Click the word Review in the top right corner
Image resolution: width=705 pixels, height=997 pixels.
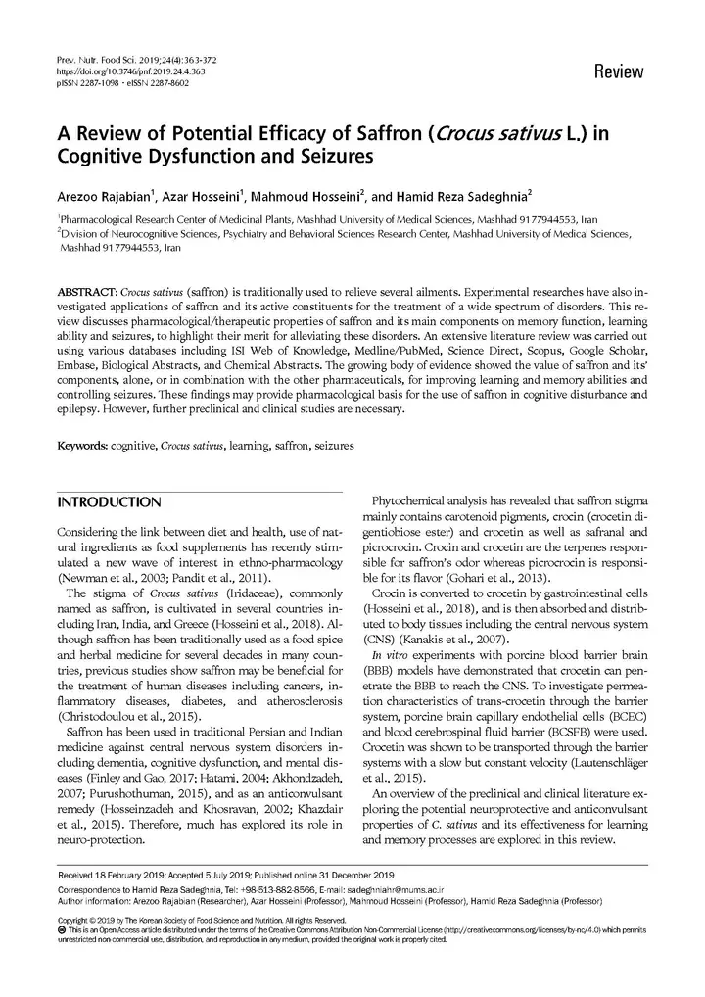[618, 72]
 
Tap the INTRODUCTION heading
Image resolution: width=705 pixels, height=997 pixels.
[109, 502]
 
